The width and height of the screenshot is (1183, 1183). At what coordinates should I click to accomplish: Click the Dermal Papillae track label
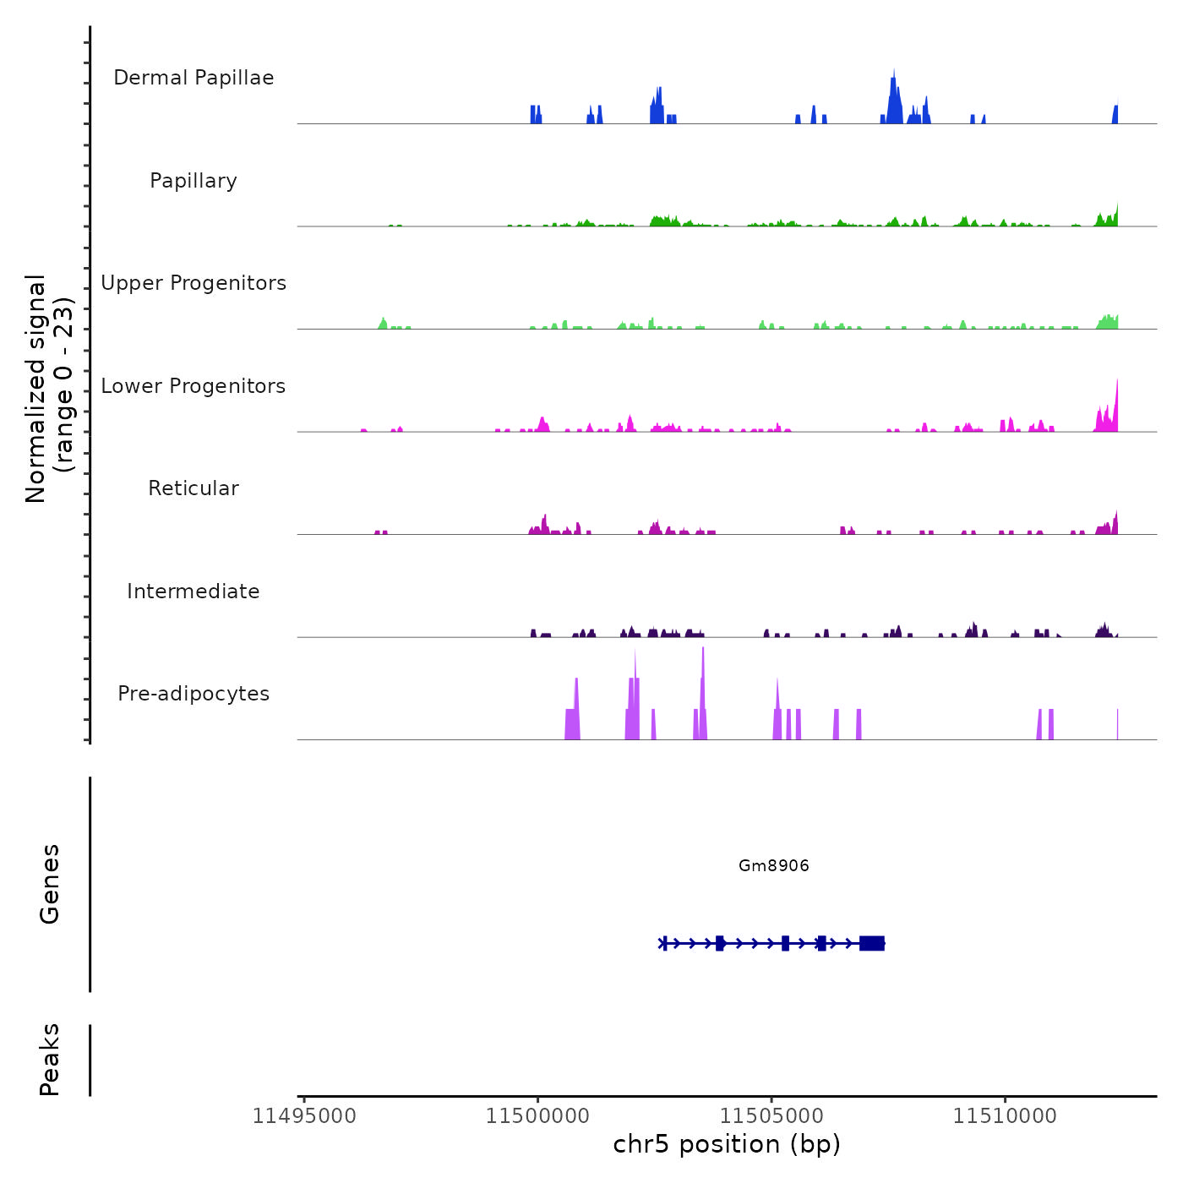194,78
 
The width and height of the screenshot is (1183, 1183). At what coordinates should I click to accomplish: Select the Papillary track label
194,181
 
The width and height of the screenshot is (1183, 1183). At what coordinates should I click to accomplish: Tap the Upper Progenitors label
194,283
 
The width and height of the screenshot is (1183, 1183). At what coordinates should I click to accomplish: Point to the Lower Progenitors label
194,386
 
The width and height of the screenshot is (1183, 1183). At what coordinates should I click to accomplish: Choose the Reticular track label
194,488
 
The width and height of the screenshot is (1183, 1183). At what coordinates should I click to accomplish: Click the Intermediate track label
194,591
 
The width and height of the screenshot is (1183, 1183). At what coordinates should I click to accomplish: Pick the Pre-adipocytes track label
194,694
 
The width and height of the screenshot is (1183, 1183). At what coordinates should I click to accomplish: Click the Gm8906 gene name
773,865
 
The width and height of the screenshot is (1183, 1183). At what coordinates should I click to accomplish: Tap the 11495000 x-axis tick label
304,1116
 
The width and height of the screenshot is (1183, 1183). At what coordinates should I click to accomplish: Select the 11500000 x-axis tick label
537,1116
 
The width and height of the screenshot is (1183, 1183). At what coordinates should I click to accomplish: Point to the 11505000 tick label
771,1116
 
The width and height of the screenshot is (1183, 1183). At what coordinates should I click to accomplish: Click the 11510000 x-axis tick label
1005,1116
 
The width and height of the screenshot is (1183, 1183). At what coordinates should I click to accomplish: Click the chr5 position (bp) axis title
727,1144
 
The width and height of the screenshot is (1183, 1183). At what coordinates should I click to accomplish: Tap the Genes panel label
49,884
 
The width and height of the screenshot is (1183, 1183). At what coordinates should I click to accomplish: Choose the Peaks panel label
49,1060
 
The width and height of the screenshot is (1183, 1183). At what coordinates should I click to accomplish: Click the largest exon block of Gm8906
872,943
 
